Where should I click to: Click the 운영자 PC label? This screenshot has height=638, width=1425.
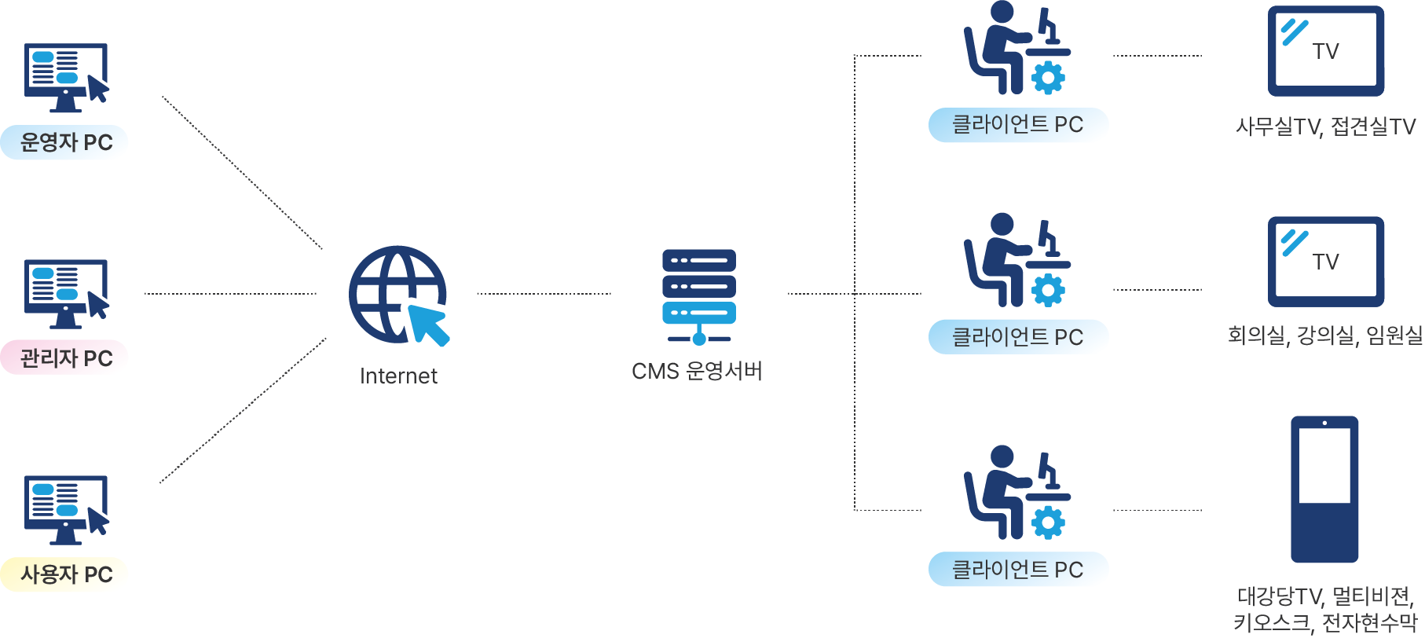66,142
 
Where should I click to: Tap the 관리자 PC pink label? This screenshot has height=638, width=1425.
66,358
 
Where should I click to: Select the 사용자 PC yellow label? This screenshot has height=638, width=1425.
66,574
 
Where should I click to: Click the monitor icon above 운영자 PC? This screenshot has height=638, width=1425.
66,77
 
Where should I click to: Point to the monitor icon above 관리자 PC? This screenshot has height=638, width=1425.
66,293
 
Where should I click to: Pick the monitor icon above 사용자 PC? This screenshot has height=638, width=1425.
66,509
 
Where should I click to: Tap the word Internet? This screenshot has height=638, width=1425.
398,376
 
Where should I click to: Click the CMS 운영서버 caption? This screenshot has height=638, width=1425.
697,371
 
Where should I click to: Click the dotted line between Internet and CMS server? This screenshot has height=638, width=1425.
544,294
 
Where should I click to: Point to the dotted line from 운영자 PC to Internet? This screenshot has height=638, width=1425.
242,172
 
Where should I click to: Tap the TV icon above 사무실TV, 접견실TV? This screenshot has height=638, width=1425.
1325,51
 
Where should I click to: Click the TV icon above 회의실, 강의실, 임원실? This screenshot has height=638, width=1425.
1325,262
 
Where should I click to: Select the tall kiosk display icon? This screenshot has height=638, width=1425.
1324,489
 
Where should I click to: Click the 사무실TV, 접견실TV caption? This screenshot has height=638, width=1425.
1325,126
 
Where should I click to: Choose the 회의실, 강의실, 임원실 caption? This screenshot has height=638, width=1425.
1325,335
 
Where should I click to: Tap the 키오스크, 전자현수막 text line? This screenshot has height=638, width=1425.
1325,623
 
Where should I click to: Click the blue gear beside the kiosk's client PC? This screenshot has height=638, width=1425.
1048,522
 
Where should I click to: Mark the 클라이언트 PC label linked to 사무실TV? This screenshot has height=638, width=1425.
1017,124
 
